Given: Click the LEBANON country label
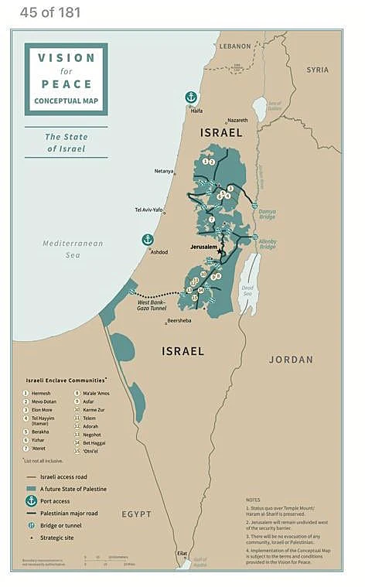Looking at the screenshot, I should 235,46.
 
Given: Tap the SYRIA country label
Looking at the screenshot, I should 317,70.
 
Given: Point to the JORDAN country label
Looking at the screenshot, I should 291,360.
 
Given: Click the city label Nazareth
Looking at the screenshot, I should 237,121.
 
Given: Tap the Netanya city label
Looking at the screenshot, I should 164,171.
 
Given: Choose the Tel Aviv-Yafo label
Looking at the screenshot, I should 148,210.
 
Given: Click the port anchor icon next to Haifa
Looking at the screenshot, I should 191,97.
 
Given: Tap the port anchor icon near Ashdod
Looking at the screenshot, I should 147,240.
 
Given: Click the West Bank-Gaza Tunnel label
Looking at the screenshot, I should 154,305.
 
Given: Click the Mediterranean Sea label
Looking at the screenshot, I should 72,248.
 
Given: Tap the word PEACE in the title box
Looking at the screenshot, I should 67,84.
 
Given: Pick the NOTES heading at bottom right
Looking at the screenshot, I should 254,500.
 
